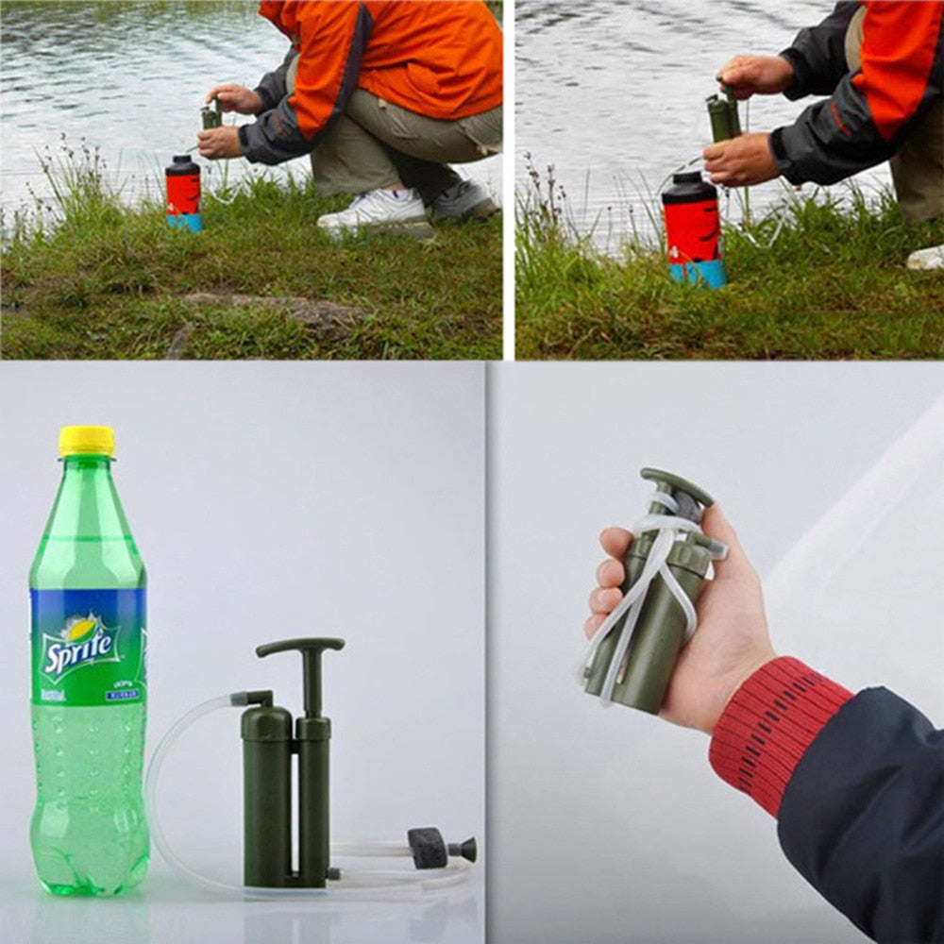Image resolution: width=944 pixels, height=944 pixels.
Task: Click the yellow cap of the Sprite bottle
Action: [x=86, y=441]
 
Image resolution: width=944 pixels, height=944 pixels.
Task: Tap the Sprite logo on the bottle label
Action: [x=79, y=646]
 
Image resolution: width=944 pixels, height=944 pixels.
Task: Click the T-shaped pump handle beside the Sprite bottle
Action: [x=300, y=649]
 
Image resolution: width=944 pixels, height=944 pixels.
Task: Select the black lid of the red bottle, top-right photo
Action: [x=689, y=186]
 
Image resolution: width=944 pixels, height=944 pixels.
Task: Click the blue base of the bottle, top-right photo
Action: [x=699, y=273]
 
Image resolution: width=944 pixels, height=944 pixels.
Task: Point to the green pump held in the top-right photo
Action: [x=723, y=117]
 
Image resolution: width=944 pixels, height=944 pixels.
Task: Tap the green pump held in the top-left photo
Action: [x=211, y=117]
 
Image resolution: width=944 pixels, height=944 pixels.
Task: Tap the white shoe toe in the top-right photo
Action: [x=926, y=257]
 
